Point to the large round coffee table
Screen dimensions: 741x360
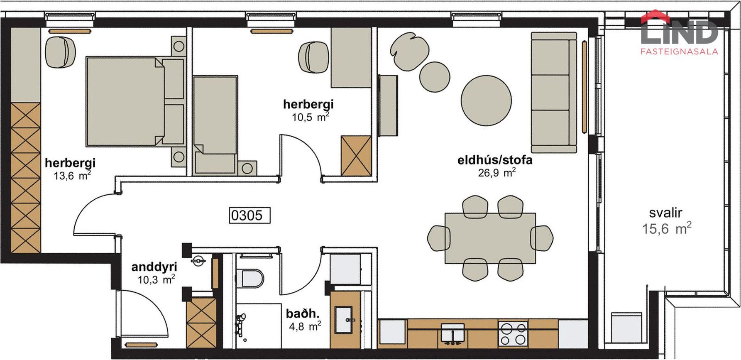[486, 100]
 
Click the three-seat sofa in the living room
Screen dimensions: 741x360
[554, 93]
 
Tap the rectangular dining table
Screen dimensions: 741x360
[490, 238]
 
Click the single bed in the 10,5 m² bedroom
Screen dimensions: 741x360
[215, 125]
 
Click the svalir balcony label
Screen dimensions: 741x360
[666, 213]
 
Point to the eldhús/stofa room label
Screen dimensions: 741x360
[495, 160]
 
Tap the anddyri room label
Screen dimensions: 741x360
[154, 267]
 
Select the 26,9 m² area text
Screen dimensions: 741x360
[497, 172]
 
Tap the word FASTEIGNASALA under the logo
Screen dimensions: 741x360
[680, 52]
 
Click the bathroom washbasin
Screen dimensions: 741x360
[345, 320]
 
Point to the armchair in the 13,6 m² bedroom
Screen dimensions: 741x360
[61, 51]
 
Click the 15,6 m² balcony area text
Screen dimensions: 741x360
[667, 228]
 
